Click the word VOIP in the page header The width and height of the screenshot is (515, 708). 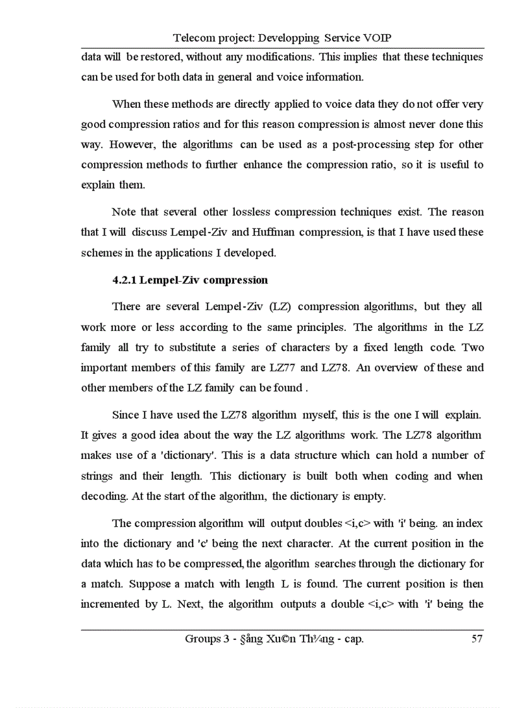[x=382, y=38]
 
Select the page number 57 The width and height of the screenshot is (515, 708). [x=477, y=639]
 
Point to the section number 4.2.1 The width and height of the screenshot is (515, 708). [x=124, y=280]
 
